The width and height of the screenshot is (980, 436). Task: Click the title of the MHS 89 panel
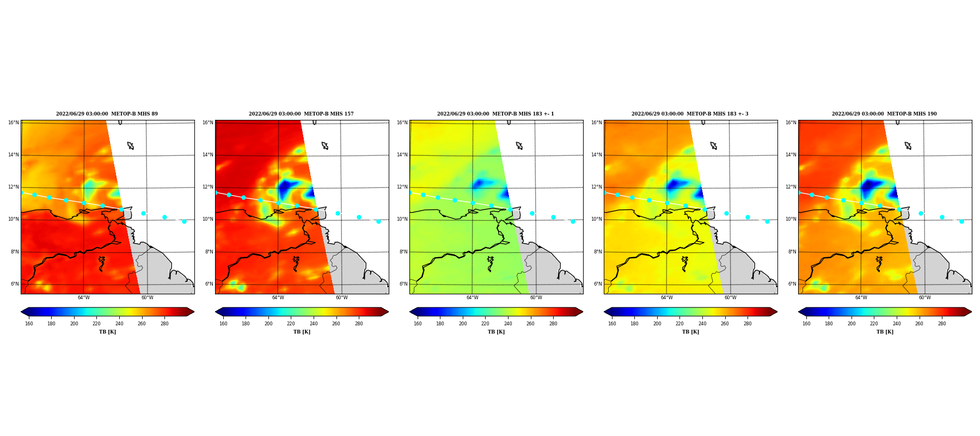[x=107, y=114]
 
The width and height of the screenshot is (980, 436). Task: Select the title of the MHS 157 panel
[x=301, y=114]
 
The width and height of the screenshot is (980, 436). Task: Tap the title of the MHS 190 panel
[x=884, y=114]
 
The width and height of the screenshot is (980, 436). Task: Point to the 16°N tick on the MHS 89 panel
[x=14, y=123]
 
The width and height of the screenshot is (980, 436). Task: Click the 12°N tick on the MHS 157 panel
[x=208, y=187]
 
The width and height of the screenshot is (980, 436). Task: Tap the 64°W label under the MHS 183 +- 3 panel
[x=667, y=298]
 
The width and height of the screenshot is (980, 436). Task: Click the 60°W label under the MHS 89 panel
[x=148, y=298]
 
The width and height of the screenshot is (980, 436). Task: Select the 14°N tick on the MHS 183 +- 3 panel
[x=597, y=155]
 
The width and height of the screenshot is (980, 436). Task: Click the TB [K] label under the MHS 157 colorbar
[x=302, y=332]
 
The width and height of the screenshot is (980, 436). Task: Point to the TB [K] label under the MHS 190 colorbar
[x=885, y=332]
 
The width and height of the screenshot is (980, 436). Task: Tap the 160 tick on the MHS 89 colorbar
[x=29, y=324]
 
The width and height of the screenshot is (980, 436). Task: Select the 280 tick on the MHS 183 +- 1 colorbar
[x=553, y=324]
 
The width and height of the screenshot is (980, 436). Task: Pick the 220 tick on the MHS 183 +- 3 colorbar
[x=679, y=324]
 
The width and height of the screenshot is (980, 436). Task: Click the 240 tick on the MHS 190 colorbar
[x=897, y=324]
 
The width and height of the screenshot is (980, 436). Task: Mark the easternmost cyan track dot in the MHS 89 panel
[x=184, y=221]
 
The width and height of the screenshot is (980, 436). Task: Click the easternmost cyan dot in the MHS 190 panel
[x=961, y=221]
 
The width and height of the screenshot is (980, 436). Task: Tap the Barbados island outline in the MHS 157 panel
[x=325, y=146]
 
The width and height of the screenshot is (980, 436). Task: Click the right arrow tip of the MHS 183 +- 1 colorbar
[x=583, y=312]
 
